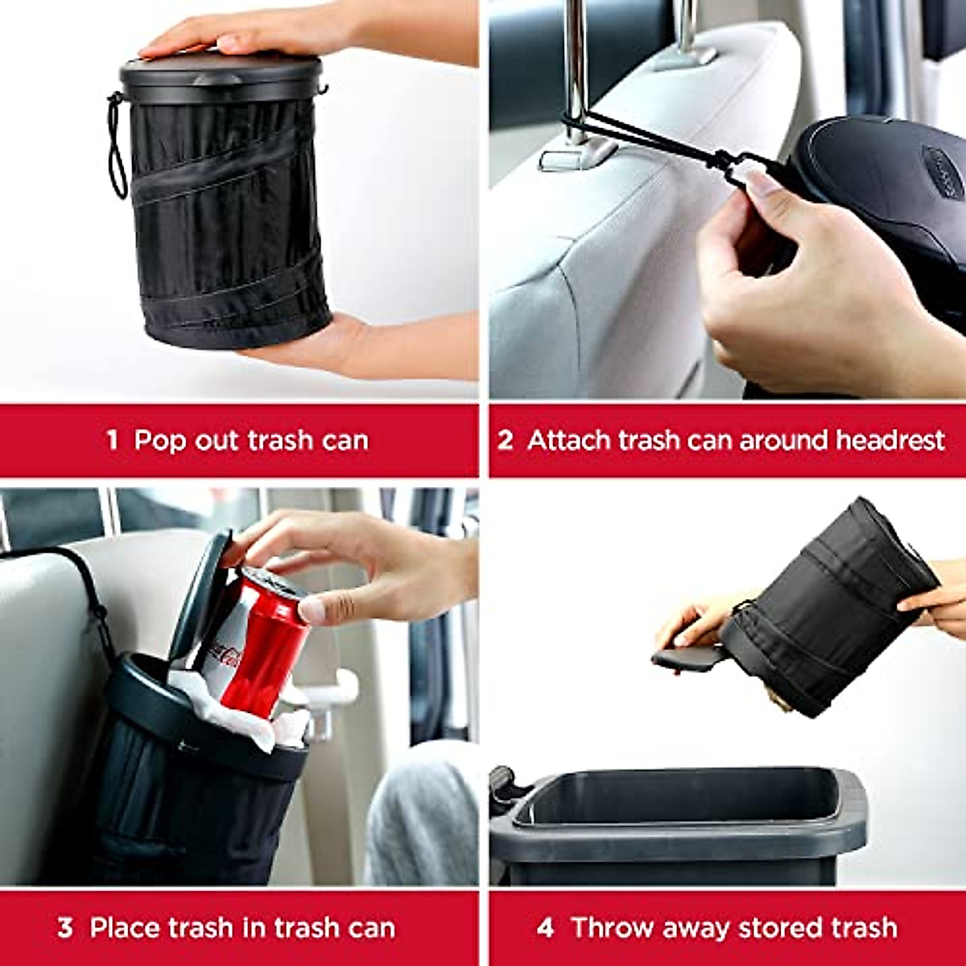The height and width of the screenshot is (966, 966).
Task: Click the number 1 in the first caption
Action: pyautogui.click(x=112, y=440)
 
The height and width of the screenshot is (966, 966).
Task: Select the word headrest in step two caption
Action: pyautogui.click(x=890, y=440)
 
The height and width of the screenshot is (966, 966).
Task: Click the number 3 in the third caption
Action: pyautogui.click(x=65, y=927)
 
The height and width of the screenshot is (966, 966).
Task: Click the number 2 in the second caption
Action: pyautogui.click(x=505, y=440)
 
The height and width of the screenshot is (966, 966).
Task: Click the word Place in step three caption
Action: pyautogui.click(x=122, y=927)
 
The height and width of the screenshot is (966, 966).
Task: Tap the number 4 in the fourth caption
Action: pyautogui.click(x=545, y=927)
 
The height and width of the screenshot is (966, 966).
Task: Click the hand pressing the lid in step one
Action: pyautogui.click(x=242, y=32)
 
